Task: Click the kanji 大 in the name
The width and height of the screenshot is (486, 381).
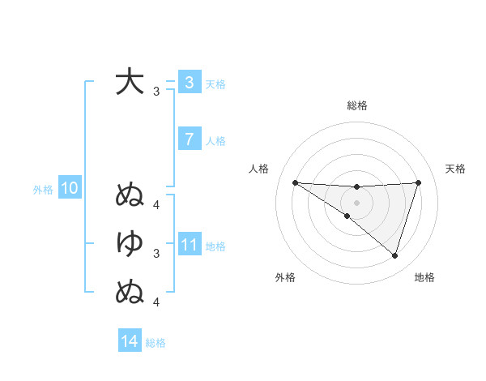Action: (130, 82)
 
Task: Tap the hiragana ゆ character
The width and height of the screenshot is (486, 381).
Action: (130, 242)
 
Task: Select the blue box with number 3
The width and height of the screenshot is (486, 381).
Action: (189, 83)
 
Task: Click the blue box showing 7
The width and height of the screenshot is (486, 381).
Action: (189, 139)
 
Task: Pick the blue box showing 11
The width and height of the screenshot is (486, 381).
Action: (189, 245)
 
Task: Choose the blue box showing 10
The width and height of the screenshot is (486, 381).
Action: (69, 189)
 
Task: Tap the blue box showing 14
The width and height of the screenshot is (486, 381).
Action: (130, 341)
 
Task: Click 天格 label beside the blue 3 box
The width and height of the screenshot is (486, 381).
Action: (215, 84)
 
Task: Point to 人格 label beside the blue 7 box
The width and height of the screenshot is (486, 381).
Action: (215, 141)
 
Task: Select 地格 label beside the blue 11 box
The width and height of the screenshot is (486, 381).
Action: (215, 246)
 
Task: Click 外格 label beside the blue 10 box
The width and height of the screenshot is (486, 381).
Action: (43, 190)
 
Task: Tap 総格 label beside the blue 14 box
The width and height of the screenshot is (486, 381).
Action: (156, 343)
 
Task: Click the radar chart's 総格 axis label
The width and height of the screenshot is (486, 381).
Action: (356, 105)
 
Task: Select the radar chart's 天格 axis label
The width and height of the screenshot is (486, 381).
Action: (455, 169)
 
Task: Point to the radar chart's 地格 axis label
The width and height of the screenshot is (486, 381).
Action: (424, 278)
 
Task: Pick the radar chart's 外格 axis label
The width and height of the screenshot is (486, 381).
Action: (285, 278)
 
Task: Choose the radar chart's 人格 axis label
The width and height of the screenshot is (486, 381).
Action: (258, 169)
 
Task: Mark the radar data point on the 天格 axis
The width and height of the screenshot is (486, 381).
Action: (419, 182)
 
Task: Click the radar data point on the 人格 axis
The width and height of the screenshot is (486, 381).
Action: (295, 182)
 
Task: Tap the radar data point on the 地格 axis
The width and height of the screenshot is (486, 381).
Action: (394, 255)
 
